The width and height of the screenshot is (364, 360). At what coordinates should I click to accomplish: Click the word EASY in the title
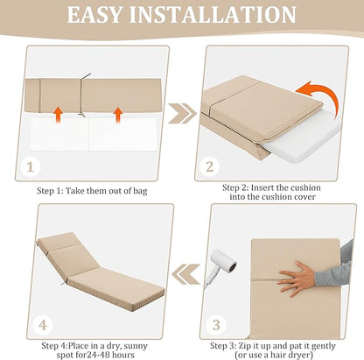coord(94,15)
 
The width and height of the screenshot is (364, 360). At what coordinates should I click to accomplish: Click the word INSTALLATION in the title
coord(213,15)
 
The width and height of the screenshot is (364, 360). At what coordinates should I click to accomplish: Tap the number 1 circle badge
coord(31,167)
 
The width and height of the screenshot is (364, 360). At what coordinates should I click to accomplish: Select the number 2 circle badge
coord(210,166)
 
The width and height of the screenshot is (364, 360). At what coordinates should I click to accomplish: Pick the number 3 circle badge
coord(216,325)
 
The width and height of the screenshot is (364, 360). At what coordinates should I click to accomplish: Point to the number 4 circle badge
coord(43,325)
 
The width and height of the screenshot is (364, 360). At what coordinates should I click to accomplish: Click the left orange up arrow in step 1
coord(59,115)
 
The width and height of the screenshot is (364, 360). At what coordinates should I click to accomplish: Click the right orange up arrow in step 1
coord(118,115)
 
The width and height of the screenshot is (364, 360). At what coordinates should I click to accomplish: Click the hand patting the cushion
coord(296,279)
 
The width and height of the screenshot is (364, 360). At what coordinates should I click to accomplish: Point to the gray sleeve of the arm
coord(335,265)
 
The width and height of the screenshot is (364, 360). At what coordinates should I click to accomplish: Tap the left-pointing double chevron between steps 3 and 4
coord(185,274)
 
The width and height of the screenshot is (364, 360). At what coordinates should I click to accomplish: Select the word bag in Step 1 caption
coord(140,192)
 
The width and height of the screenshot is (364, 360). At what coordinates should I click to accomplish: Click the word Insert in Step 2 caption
coord(262,187)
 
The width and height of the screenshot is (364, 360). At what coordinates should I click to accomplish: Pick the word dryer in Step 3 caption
coord(301,356)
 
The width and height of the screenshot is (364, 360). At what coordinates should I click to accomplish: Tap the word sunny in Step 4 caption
coord(136,346)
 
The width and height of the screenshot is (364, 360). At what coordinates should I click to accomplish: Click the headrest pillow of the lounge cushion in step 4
coord(59,242)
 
